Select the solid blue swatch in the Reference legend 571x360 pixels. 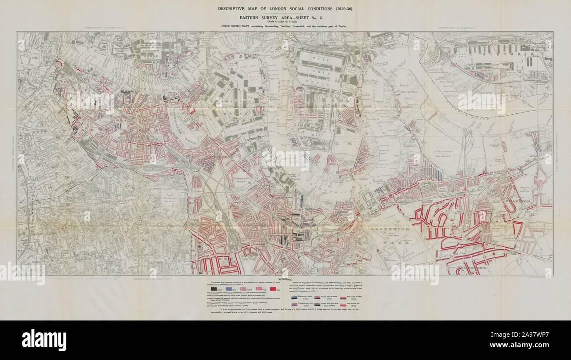tap(229, 289)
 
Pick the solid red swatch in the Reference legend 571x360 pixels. tap(273, 289)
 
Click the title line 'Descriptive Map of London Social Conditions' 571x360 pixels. tap(285, 9)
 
